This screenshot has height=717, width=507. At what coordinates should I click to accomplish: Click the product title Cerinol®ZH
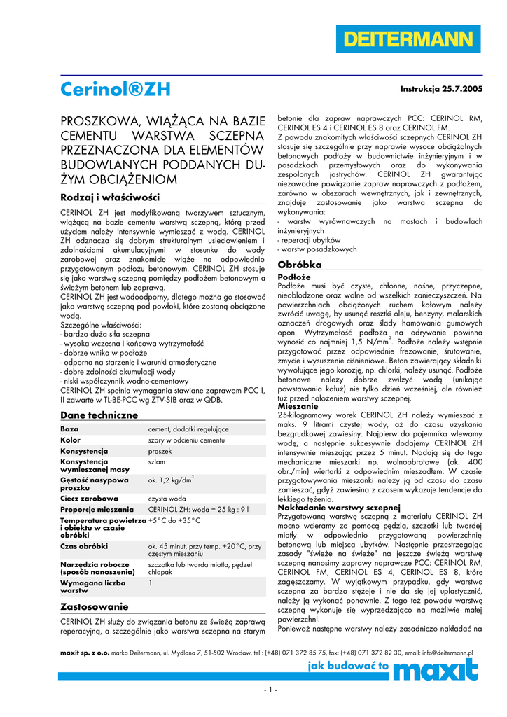point(115,89)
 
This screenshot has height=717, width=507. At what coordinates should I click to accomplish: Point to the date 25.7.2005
point(463,90)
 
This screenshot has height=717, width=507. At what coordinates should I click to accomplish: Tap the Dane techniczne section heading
point(99,415)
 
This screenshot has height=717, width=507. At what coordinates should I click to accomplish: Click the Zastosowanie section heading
point(95,606)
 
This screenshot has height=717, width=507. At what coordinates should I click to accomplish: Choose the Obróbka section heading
point(300,265)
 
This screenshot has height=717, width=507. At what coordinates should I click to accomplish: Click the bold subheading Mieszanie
point(298,406)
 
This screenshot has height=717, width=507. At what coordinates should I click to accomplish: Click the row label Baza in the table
point(69,429)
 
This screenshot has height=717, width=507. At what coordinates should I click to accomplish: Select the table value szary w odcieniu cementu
point(186,440)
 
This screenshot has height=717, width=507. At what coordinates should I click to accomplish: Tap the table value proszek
point(160,451)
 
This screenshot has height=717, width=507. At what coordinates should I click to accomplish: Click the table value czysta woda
point(167,498)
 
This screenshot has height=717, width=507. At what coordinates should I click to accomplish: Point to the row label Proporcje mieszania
point(97,509)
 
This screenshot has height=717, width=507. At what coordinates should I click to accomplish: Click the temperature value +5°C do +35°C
point(174,521)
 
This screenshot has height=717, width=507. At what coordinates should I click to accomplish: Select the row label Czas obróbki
point(84,545)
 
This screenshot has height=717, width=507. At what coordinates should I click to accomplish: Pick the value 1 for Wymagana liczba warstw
point(151,582)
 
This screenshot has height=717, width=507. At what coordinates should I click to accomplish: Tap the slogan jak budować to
point(348,667)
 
